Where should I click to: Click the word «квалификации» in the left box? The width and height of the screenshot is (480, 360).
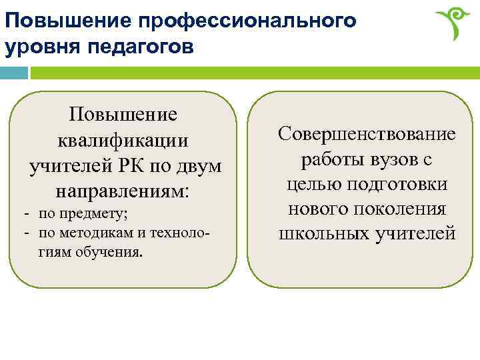tap(123, 141)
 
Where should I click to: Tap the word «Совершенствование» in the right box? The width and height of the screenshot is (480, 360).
tap(367, 134)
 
